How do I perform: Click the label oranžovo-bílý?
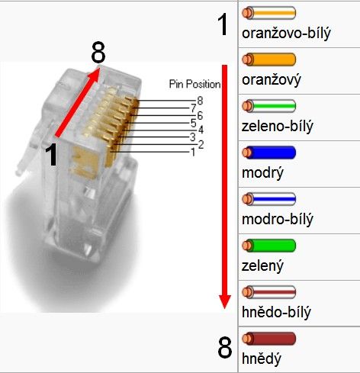[286, 34]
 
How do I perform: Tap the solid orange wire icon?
[268, 59]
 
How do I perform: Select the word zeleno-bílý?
[278, 127]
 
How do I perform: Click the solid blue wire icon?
[268, 153]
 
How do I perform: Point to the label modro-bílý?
[278, 220]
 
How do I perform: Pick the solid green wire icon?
[268, 246]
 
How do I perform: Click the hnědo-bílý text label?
[276, 312]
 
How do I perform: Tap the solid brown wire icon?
[268, 339]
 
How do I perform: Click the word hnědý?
[262, 359]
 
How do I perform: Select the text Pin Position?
[194, 84]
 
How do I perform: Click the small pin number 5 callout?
[194, 123]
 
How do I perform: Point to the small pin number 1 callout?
[193, 153]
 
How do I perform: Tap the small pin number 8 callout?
[200, 101]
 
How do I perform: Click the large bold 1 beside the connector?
[51, 155]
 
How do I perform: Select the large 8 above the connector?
[98, 53]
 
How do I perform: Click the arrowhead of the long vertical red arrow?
[224, 302]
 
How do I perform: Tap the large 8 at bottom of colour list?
[225, 348]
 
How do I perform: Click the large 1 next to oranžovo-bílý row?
[223, 24]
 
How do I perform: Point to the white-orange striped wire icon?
[268, 13]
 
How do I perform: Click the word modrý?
[262, 173]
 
